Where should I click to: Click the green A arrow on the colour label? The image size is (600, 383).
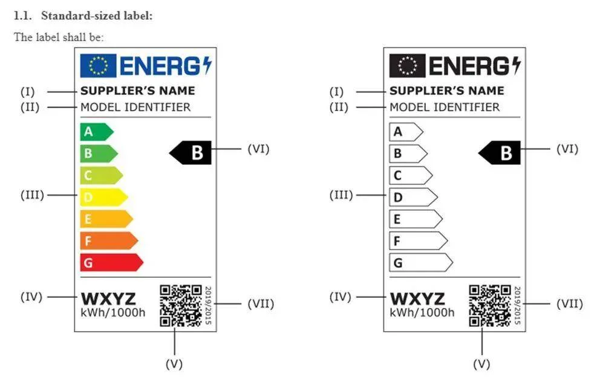(96, 132)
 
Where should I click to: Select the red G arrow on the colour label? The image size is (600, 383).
(111, 263)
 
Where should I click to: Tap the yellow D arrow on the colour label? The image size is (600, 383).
(103, 197)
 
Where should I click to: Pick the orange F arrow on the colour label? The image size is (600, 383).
(109, 241)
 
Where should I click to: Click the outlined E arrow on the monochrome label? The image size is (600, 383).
(416, 219)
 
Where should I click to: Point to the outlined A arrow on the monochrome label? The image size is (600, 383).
(406, 132)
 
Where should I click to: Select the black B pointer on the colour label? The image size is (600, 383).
(190, 152)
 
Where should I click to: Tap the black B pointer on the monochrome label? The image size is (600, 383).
(500, 152)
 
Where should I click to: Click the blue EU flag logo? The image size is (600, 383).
(98, 66)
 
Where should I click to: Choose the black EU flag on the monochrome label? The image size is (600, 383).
(407, 66)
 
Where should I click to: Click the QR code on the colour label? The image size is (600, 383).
(181, 306)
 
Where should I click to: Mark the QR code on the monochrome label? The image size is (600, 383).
(490, 306)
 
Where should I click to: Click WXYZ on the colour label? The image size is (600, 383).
(108, 298)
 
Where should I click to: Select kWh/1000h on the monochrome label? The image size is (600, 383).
(422, 313)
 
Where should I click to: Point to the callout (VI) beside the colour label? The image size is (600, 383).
(259, 149)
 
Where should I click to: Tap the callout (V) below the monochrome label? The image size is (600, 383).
(482, 364)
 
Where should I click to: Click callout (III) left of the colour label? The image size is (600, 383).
(32, 195)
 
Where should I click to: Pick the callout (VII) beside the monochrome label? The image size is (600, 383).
(570, 304)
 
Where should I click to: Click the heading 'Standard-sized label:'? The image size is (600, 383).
(97, 16)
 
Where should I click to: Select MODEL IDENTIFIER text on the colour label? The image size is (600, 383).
(135, 107)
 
